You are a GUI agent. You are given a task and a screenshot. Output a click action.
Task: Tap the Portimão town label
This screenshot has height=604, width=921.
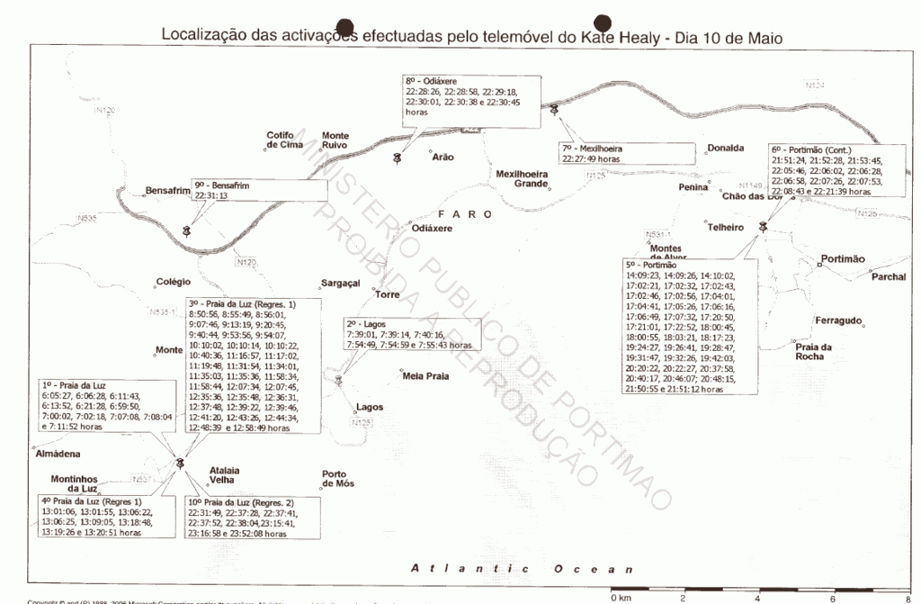coord(844,258)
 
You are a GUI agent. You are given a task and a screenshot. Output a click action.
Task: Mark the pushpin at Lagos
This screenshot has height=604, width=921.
coord(338,381)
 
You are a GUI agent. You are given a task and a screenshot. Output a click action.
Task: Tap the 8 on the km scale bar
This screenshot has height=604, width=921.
coord(908,597)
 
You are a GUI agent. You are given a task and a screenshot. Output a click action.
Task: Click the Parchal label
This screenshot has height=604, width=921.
coord(888,276)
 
